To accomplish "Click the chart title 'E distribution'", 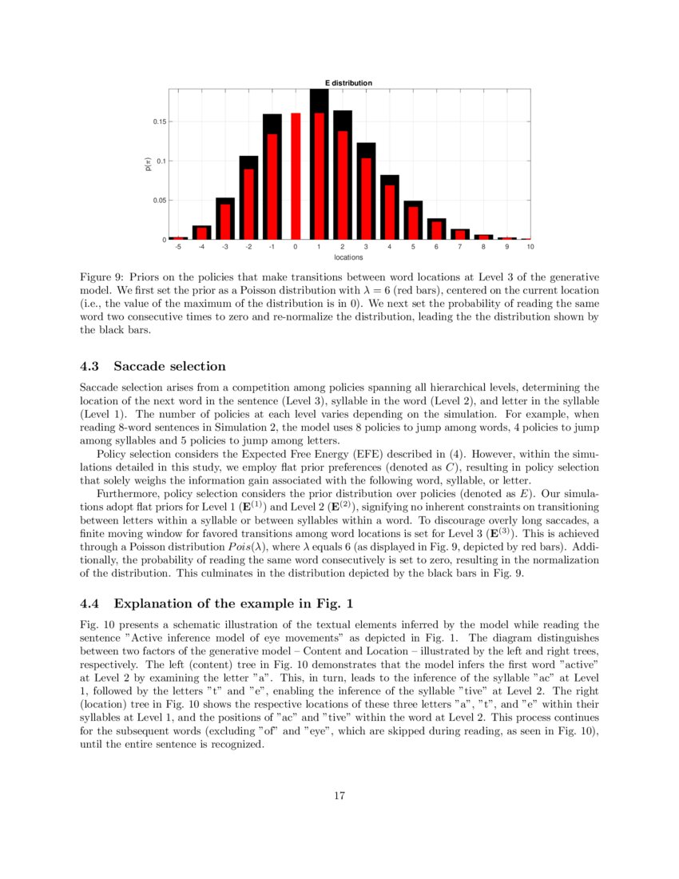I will (x=347, y=83).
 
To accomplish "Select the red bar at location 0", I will (x=296, y=177).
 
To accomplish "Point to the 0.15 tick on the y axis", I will (x=159, y=121).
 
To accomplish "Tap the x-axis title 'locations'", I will (x=348, y=257).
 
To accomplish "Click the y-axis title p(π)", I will (x=148, y=164).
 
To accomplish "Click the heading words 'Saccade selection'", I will (x=169, y=366).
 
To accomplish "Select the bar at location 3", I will (x=366, y=192).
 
